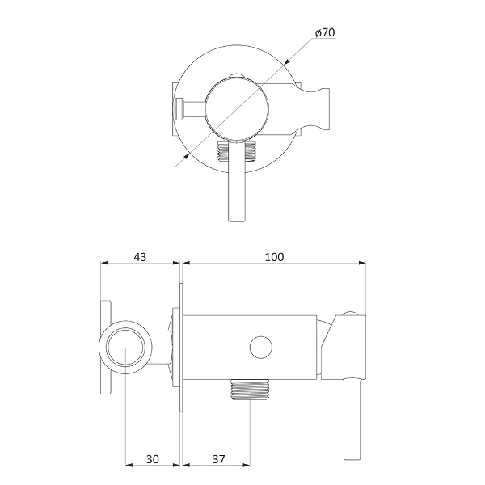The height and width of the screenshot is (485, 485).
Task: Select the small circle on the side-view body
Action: tap(260, 348)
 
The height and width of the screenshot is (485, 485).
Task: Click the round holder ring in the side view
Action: tap(125, 348)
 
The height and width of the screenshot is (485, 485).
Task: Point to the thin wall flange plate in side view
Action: tap(181, 348)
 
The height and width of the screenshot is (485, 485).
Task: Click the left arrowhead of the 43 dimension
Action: tap(103, 264)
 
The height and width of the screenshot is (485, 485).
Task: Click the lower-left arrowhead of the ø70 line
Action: tap(180, 161)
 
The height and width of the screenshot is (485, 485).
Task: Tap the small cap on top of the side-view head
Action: tap(349, 314)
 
